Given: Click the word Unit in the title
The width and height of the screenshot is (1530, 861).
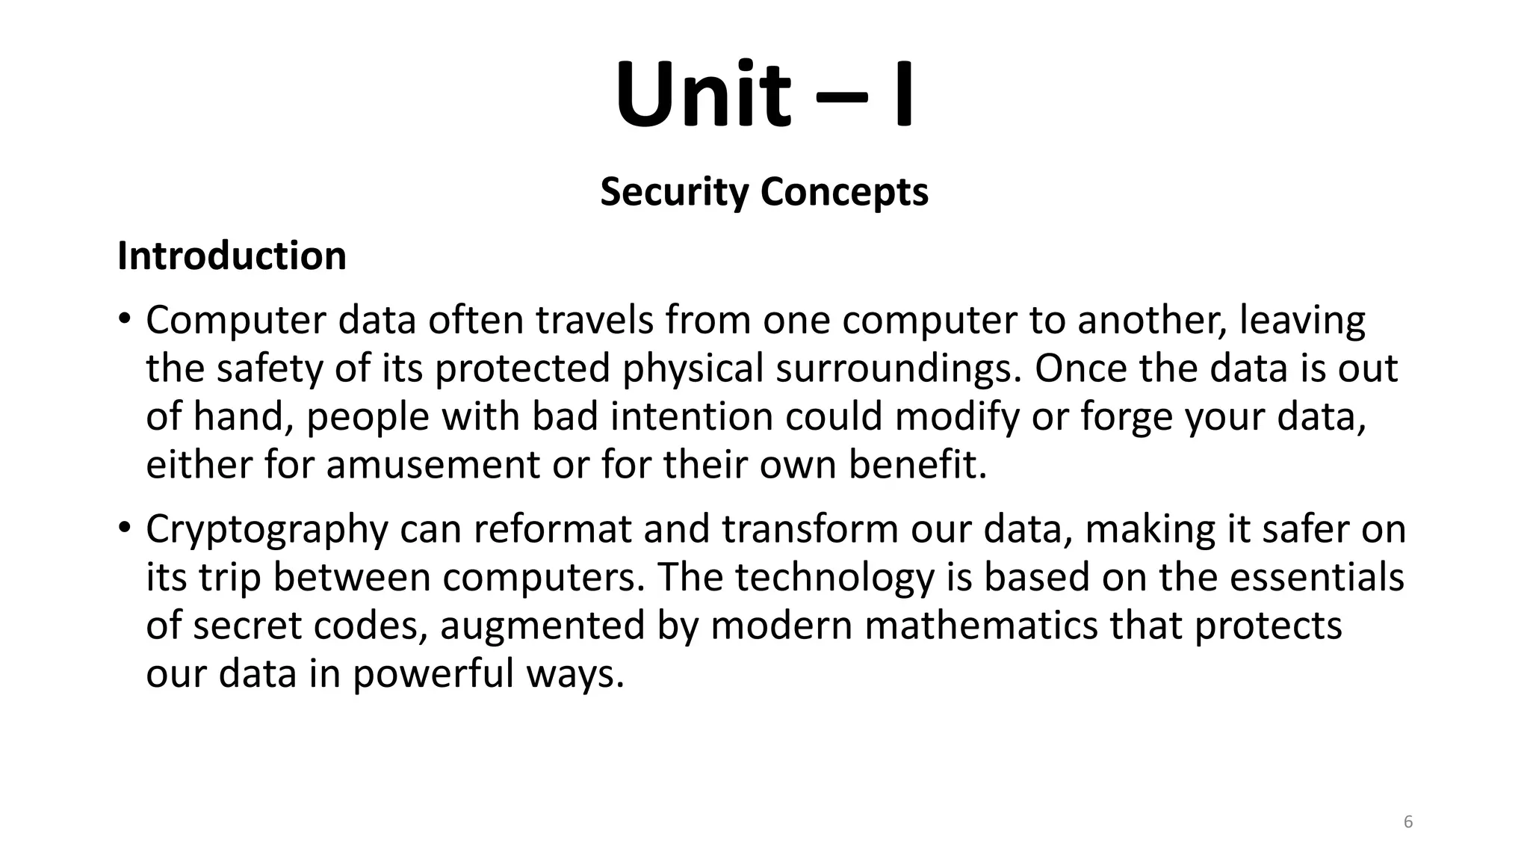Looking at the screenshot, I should point(702,96).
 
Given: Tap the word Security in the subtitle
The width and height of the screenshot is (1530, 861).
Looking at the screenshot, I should point(674,192).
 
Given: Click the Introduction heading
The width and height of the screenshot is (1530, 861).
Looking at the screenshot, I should point(232,256).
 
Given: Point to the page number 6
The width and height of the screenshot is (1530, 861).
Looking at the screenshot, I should point(1408,822).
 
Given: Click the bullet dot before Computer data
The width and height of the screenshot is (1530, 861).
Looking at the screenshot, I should point(124,319).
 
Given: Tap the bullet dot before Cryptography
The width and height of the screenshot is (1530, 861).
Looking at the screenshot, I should point(124,528).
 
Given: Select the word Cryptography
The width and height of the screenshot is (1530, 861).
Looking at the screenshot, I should point(267,530).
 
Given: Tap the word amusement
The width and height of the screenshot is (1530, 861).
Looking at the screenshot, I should point(433,465).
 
